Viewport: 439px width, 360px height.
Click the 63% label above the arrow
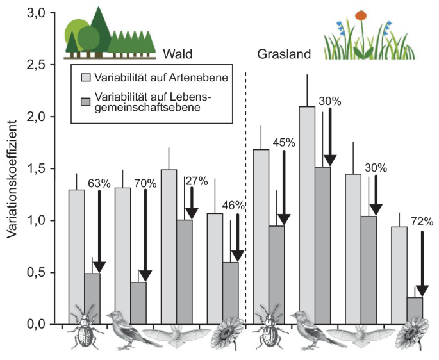click(99, 184)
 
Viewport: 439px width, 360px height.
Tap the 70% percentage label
click(145, 184)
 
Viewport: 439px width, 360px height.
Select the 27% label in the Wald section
click(197, 181)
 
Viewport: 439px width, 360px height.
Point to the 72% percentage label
click(422, 222)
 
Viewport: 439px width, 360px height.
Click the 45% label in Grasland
click(284, 143)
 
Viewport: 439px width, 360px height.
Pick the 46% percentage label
click(233, 206)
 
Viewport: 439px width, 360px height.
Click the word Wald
click(178, 54)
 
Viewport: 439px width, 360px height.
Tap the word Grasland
click(284, 54)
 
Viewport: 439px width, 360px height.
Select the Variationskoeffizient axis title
click(12, 180)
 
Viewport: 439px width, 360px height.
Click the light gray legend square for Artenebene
click(86, 78)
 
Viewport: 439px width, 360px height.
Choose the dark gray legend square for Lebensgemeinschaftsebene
click(86, 102)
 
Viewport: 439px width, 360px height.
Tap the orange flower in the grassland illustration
click(361, 15)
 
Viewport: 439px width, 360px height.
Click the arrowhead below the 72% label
click(422, 291)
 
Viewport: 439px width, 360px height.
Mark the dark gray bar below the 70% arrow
click(138, 303)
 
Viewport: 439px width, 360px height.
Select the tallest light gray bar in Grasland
click(307, 216)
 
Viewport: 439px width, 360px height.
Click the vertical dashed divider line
click(245, 198)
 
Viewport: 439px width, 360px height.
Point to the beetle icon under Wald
click(85, 327)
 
